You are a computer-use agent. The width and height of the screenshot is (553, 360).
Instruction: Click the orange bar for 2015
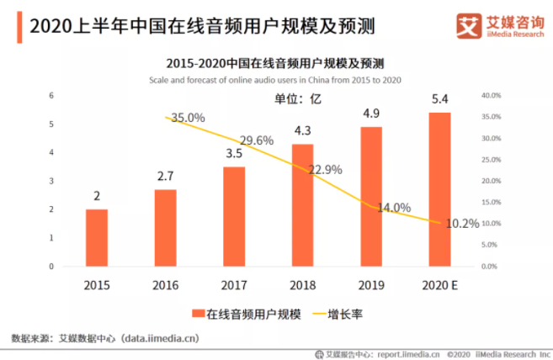pyautogui.click(x=97, y=237)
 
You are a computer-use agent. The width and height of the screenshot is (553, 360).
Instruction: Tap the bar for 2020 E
pyautogui.click(x=439, y=189)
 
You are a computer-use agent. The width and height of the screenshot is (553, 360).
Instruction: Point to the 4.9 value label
pyautogui.click(x=371, y=114)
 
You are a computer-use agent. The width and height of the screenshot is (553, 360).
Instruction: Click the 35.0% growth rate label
pyautogui.click(x=188, y=119)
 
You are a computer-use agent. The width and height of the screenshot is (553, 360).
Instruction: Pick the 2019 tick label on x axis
pyautogui.click(x=371, y=285)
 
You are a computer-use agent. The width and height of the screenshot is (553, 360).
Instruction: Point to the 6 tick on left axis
pyautogui.click(x=52, y=95)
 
